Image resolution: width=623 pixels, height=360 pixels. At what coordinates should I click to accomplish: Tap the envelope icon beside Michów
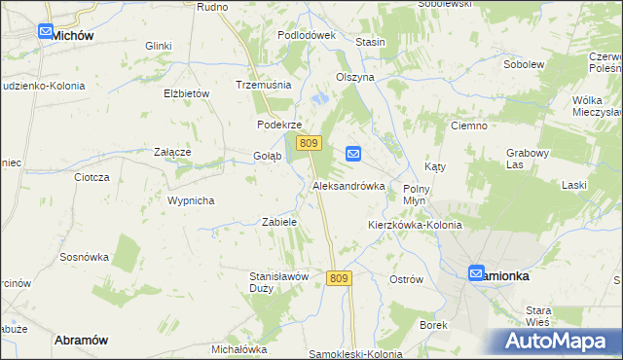point(47,32)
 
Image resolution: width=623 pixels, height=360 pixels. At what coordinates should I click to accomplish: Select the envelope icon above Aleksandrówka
point(353,154)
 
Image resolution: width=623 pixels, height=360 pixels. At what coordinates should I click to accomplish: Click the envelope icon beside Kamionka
point(476,274)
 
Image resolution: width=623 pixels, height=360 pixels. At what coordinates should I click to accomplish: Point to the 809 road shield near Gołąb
point(310,143)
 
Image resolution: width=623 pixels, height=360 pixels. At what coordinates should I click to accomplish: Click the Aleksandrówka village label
point(348,185)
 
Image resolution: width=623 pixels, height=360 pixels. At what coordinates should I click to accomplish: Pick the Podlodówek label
point(306,35)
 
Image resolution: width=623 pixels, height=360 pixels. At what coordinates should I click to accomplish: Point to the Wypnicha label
point(191,200)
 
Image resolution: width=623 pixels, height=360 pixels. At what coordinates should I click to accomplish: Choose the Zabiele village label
point(279,222)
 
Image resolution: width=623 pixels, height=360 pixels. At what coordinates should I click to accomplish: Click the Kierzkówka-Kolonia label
point(415,225)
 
